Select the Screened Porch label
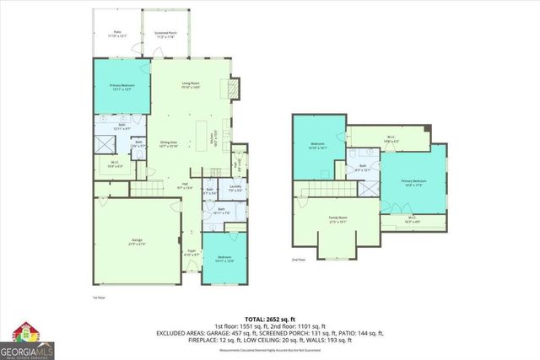[165, 35]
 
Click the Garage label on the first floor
[137, 242]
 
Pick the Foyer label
[192, 251]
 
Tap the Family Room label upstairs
[338, 221]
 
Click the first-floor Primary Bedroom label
[123, 87]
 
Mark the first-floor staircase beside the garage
[146, 190]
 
